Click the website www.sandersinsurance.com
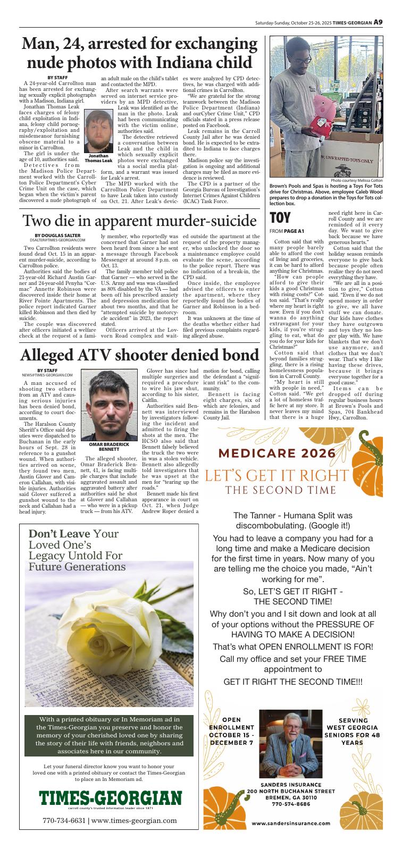291,823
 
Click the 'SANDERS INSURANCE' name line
291,785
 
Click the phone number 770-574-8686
291,804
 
